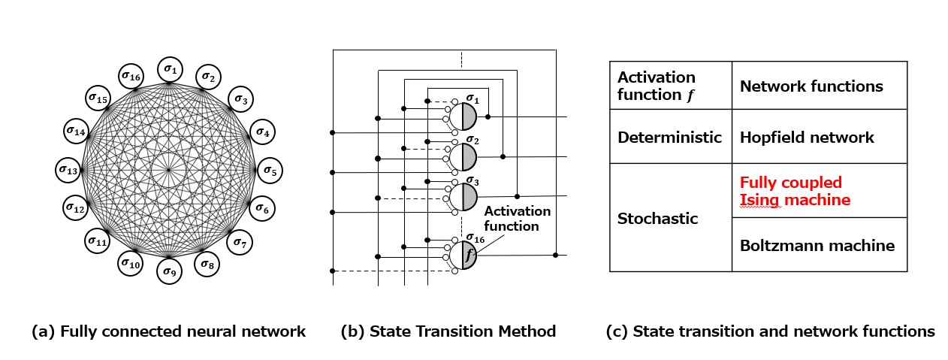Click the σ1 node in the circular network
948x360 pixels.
(170, 71)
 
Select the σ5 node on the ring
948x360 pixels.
(270, 170)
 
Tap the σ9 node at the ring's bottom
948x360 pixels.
(169, 271)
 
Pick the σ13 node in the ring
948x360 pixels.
(69, 170)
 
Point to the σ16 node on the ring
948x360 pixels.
(131, 76)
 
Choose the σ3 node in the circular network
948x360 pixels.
(241, 98)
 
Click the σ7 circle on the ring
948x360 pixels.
(241, 241)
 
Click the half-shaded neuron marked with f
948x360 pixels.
(463, 255)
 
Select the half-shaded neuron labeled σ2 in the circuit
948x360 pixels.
(463, 156)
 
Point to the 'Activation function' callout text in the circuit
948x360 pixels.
(517, 218)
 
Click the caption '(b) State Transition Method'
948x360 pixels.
(448, 331)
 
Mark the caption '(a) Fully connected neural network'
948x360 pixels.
(169, 331)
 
